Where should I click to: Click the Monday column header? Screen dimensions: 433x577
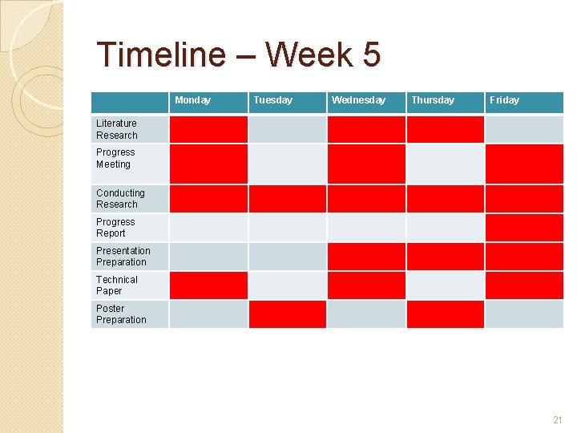[192, 100]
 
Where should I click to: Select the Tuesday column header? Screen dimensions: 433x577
[272, 100]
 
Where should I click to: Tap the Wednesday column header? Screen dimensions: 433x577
[358, 100]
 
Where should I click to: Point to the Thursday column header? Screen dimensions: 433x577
[433, 100]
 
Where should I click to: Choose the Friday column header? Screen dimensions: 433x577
[504, 100]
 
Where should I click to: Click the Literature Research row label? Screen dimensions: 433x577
[117, 129]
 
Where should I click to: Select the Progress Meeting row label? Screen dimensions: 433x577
[115, 158]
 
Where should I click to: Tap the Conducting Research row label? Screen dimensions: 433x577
[120, 198]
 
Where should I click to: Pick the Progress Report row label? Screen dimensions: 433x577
[115, 227]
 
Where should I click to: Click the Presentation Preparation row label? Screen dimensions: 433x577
[123, 256]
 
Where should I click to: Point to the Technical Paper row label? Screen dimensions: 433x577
[117, 285]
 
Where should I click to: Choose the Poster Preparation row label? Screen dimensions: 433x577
[121, 314]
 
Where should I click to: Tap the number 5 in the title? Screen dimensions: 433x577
[370, 55]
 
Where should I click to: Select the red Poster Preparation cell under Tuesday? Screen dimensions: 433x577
[288, 314]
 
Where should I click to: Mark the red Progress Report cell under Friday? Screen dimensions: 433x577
[524, 227]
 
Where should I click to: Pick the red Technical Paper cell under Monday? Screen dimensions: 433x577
[208, 285]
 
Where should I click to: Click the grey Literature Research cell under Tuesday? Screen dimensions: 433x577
[288, 129]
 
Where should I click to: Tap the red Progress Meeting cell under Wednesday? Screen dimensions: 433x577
[366, 164]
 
